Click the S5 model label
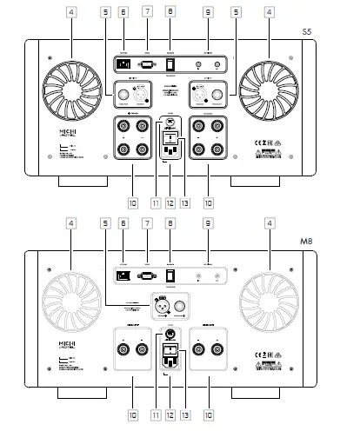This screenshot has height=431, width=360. click(x=330, y=32)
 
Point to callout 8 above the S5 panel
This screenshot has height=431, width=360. click(x=170, y=13)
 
